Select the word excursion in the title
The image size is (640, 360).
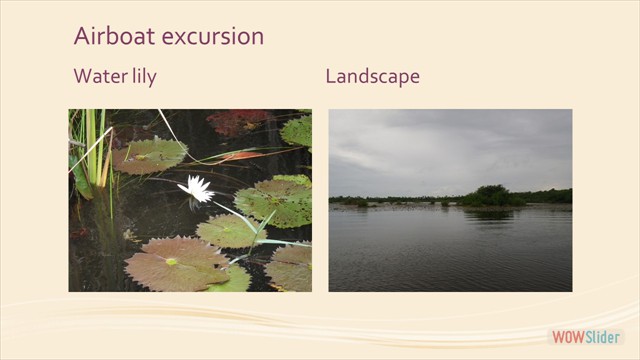click(x=209, y=37)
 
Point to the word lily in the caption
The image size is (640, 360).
click(x=142, y=77)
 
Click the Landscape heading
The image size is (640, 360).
click(x=372, y=77)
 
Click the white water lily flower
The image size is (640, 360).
click(x=196, y=187)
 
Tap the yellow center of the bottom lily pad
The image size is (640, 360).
click(x=171, y=261)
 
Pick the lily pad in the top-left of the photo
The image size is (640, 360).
click(x=149, y=155)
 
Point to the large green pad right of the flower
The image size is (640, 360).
click(x=273, y=201)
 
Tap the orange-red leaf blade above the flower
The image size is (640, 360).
click(x=240, y=156)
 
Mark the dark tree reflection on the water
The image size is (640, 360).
click(x=490, y=214)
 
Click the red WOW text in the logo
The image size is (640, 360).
click(x=568, y=337)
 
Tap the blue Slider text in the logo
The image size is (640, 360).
click(x=603, y=337)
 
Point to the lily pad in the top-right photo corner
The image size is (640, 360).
click(x=297, y=129)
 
